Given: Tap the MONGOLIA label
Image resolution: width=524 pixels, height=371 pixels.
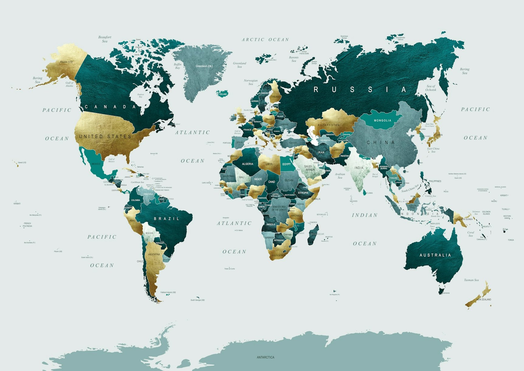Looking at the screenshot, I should click(382, 120).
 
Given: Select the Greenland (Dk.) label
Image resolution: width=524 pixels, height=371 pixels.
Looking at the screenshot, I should click(204, 66).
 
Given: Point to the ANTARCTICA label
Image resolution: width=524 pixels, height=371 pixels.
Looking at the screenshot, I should click(265, 357).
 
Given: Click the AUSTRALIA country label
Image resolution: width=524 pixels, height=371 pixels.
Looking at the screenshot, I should click(435, 255).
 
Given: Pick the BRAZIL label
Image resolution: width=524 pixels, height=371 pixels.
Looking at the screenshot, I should click(167, 219).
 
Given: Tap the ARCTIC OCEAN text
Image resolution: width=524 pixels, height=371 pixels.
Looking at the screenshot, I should click(265, 40).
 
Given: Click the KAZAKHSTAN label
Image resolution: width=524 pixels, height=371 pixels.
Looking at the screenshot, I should click(329, 125).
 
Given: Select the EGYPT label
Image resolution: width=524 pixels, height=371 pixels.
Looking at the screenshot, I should click(286, 164).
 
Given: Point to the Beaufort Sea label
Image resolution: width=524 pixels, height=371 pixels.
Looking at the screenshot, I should click(105, 39).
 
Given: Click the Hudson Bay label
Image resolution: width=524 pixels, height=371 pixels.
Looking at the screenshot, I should click(140, 95).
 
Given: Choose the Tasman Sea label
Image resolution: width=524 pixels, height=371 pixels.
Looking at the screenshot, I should click(471, 280).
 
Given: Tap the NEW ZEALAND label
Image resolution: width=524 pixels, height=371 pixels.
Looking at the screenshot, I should click(483, 300).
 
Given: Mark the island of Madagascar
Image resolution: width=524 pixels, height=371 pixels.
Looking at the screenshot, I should click(314, 234).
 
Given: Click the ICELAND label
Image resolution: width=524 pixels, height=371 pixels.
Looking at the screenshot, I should click(223, 94).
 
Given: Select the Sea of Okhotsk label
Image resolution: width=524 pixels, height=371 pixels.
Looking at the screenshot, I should click(431, 88).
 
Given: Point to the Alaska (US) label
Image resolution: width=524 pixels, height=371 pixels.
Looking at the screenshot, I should click(66, 62).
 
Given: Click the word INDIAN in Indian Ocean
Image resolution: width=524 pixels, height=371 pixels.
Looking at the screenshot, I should click(365, 215).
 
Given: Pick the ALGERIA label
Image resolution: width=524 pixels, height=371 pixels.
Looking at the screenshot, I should click(247, 164).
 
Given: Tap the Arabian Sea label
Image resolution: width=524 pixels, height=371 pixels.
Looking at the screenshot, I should click(340, 176).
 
